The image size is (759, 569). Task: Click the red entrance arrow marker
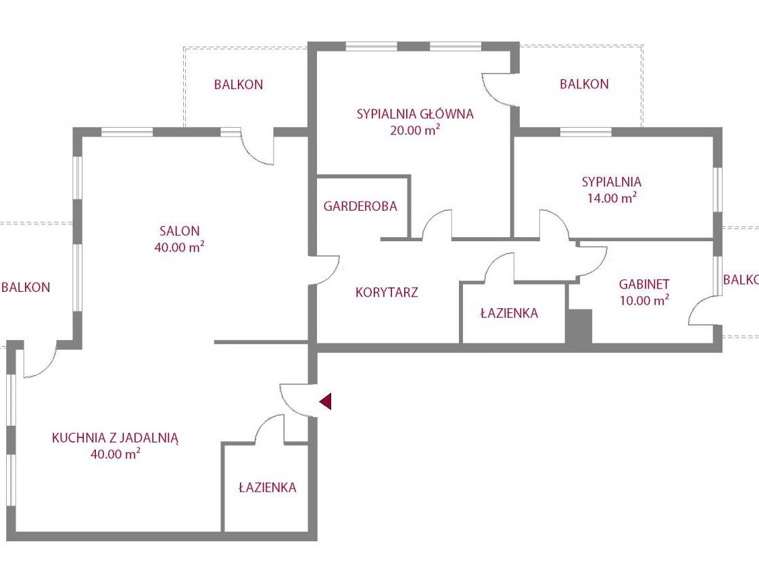[x=326, y=401]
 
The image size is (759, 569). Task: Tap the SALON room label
[x=180, y=231]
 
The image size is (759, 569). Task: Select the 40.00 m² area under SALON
[x=180, y=247]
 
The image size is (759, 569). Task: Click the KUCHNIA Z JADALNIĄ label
[x=115, y=439]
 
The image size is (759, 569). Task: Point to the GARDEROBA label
[x=360, y=206]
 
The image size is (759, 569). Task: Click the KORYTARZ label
[x=387, y=292]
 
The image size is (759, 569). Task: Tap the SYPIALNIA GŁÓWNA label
[x=415, y=114]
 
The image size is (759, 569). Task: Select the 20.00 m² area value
[x=415, y=130]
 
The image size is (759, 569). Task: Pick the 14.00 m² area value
[x=612, y=197]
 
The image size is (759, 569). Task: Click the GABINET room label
[x=644, y=284]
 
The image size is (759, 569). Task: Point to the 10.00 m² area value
[x=644, y=300]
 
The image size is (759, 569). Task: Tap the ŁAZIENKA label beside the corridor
[x=509, y=313]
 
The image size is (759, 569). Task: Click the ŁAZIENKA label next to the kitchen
[x=268, y=487]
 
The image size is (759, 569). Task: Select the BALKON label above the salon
[x=239, y=84]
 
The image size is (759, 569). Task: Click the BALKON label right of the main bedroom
[x=584, y=84]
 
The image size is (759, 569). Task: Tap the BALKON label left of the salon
[x=26, y=287]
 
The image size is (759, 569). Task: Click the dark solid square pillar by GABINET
[x=579, y=326]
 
